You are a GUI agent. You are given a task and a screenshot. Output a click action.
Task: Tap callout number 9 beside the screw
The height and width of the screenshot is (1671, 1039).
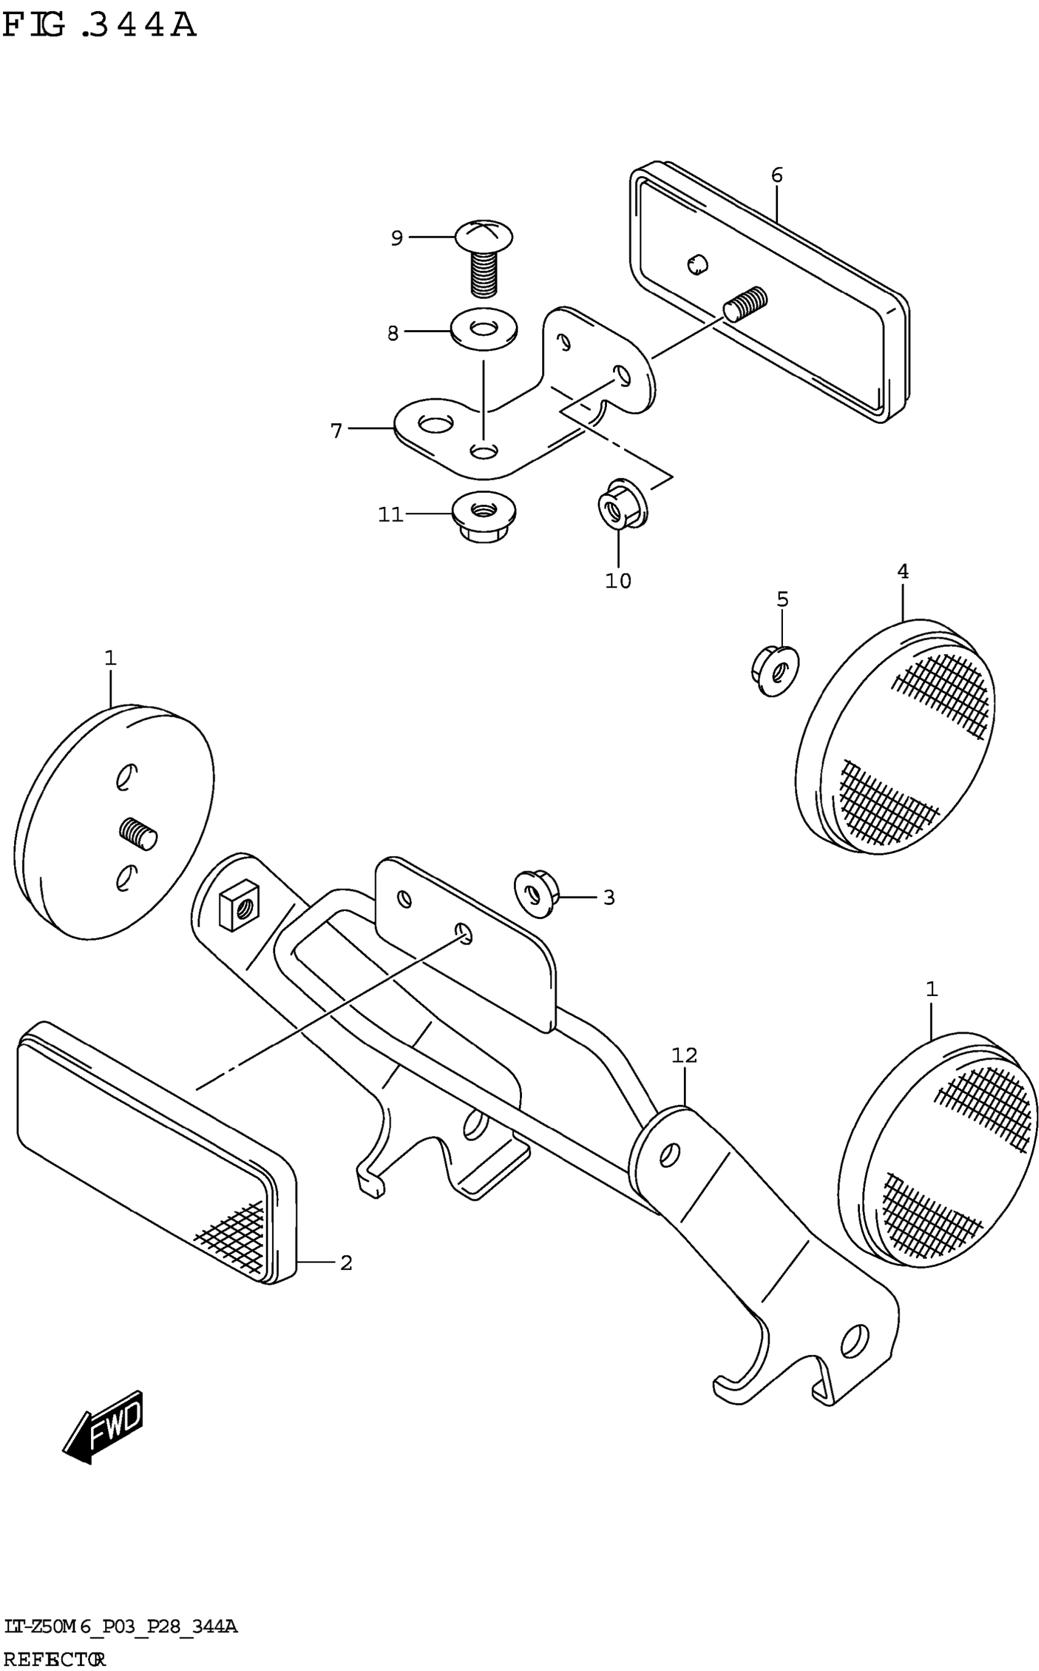[x=397, y=238]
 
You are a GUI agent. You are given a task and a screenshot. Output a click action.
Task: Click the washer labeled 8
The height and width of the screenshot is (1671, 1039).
[x=485, y=330]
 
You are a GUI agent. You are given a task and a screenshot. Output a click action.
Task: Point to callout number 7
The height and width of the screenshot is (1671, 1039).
[x=336, y=431]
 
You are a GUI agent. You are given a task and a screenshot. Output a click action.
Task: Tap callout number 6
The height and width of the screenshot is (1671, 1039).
[x=777, y=175]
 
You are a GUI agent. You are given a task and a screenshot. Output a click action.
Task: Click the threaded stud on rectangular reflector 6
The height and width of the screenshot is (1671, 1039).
[x=746, y=303]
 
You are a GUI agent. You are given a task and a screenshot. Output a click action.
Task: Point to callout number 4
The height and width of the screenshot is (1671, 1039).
[x=902, y=571]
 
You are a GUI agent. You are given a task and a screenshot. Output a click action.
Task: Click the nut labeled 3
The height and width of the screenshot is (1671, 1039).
[x=535, y=893]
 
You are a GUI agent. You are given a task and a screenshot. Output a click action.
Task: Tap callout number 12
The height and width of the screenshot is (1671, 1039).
[x=685, y=1055]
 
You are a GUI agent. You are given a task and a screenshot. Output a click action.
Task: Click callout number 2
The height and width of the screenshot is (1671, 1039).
[x=347, y=1263]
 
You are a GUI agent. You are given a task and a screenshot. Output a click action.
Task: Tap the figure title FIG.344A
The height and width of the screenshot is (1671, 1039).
[x=100, y=26]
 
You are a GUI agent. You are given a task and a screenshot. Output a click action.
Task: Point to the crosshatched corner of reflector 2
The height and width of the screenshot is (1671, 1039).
[x=233, y=1236]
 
